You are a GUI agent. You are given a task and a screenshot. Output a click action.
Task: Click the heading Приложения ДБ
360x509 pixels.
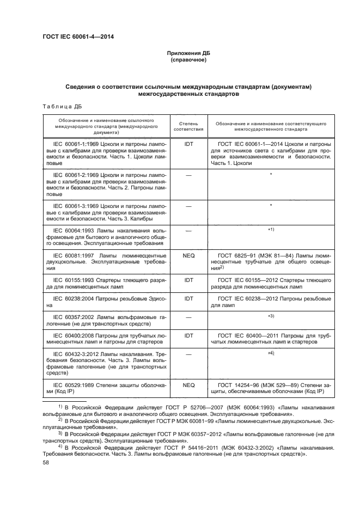coord(188,53)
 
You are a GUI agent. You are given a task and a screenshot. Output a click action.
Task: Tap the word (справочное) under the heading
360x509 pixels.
coord(188,60)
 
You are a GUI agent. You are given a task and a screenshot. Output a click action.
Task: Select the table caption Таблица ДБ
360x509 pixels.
coord(62,106)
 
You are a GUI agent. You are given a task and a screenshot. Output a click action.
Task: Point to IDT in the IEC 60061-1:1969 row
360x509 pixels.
coord(188,145)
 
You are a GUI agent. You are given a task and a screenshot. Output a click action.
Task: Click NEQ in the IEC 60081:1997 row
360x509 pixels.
coord(188,255)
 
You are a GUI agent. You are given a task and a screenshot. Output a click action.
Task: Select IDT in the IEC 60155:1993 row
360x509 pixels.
coord(188,280)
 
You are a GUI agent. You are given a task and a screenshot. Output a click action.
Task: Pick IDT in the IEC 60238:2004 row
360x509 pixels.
coord(188,299)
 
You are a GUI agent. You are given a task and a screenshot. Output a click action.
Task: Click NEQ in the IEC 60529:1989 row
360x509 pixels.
coord(188,385)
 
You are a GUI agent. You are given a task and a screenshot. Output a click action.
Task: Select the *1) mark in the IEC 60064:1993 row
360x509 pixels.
coord(271,230)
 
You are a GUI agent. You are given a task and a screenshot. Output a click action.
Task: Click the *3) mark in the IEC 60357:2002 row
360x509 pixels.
coord(271,316)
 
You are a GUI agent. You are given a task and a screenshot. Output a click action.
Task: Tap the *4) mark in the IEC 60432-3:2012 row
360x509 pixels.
coord(271,354)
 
